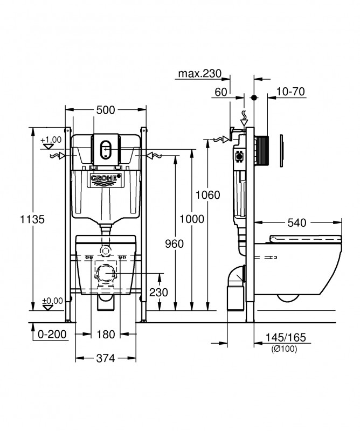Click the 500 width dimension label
105,110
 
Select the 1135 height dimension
32,219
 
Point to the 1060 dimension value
207,195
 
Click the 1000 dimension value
192,219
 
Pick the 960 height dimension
175,244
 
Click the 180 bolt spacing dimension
106,334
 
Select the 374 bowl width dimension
106,358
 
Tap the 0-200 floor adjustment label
52,334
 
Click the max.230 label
199,73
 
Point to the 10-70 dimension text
290,92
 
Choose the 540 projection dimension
297,223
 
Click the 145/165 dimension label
286,337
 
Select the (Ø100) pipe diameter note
285,349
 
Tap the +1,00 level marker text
51,140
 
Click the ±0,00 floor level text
52,301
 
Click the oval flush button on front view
106,150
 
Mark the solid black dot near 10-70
254,98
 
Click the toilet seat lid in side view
306,239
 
